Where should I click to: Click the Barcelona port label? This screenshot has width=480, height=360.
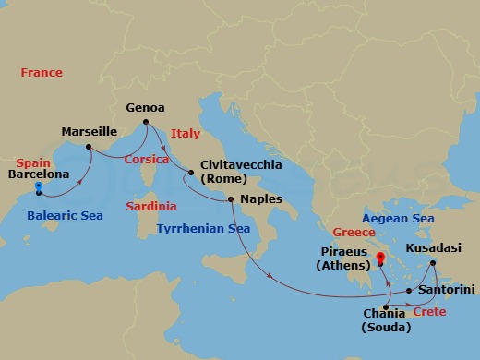(x=39, y=173)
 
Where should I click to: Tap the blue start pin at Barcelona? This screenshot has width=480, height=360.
(x=39, y=187)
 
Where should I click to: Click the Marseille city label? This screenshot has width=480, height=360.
(x=90, y=132)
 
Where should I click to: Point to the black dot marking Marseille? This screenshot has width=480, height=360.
(x=88, y=147)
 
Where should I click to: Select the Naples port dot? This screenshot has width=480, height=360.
(x=231, y=199)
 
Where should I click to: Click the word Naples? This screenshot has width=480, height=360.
(x=260, y=198)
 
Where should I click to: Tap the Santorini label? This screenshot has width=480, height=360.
(x=446, y=289)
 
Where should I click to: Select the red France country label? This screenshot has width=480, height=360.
(x=42, y=73)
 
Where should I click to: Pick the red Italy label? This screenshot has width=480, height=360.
(x=185, y=134)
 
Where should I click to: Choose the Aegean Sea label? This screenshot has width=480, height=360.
(x=397, y=218)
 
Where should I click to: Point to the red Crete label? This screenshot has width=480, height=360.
(x=429, y=312)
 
